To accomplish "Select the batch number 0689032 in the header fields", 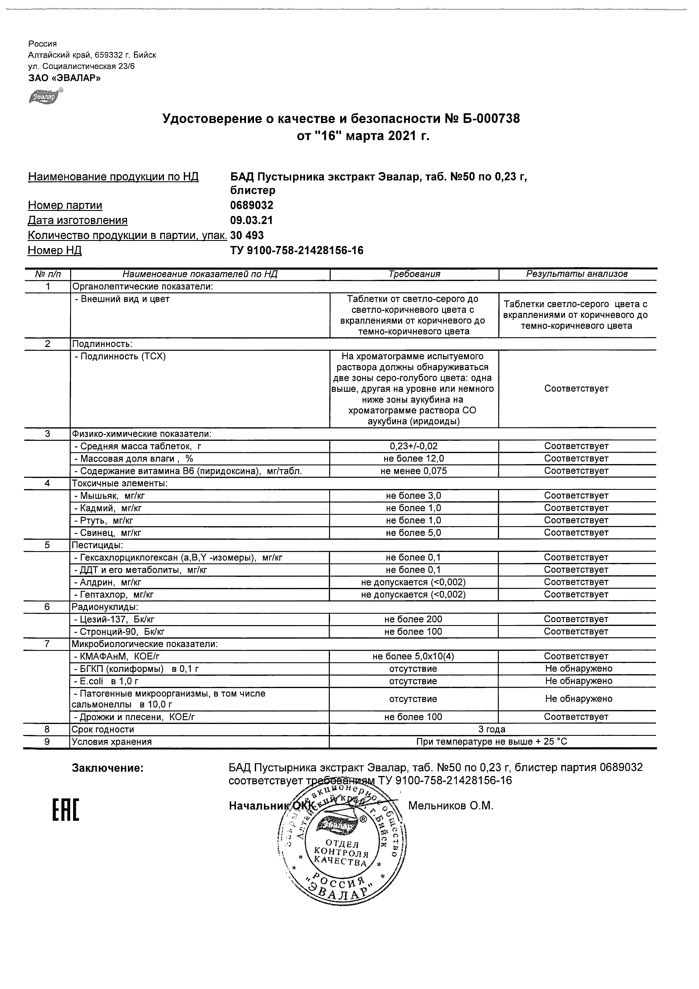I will pos(251,205).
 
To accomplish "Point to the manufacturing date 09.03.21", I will pos(251,221).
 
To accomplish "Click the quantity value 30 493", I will pos(247,235).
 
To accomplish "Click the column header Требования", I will pos(414,274).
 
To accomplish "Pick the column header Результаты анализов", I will pos(577,274).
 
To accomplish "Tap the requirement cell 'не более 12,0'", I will pos(414,459).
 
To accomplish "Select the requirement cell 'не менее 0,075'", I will pos(413,471).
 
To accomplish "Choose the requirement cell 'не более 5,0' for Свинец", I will pos(413,533).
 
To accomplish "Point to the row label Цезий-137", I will pos(114,620).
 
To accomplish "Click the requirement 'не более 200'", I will pos(413,620).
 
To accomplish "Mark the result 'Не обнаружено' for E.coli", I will pos(579,681).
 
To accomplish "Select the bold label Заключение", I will pos(108,768).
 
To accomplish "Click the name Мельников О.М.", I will pos(451,806).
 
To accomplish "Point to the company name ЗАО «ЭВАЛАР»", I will pos(64,78).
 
